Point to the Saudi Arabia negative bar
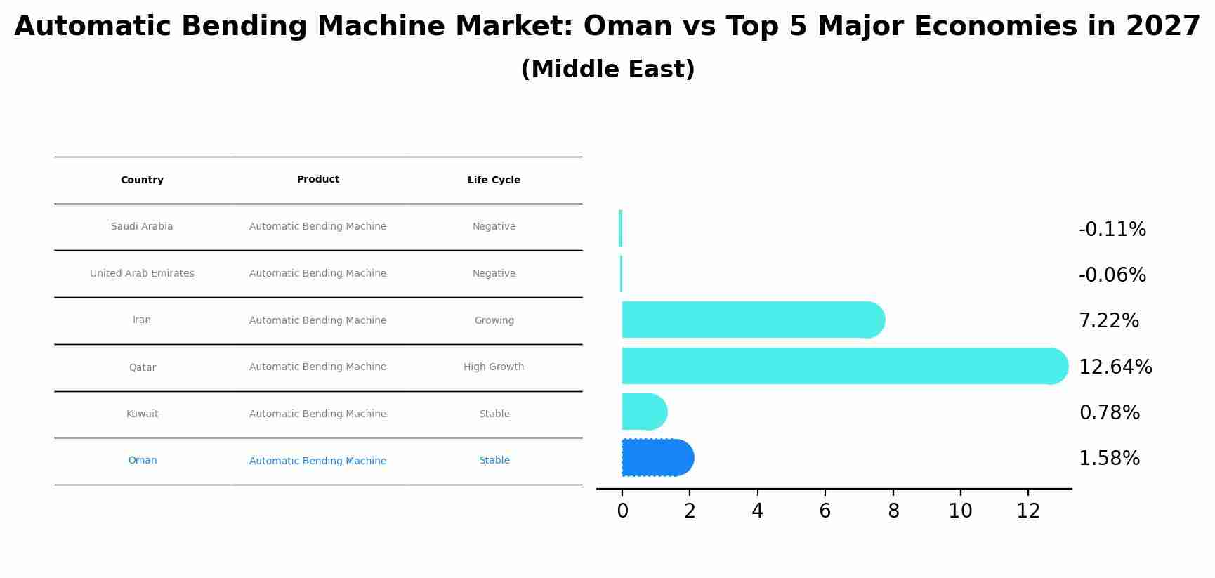[x=620, y=228]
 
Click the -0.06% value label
[x=1112, y=275]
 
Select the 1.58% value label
[x=1109, y=459]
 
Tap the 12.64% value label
[x=1115, y=367]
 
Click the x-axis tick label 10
[x=960, y=512]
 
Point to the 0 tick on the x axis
[x=622, y=512]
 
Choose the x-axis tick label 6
[x=825, y=512]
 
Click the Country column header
[x=142, y=180]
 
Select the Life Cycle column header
[x=494, y=180]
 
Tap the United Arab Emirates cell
[x=142, y=274]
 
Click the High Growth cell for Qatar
[x=494, y=367]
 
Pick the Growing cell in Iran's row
[x=494, y=320]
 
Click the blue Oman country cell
[x=142, y=461]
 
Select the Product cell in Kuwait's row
[x=317, y=414]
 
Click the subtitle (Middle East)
[x=607, y=70]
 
